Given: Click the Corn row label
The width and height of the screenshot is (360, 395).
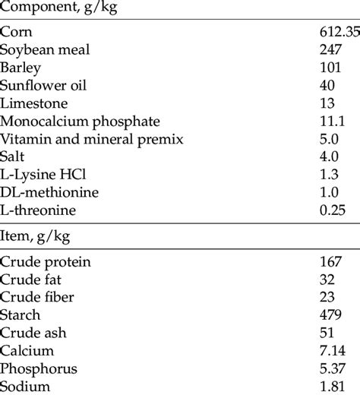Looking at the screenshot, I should coord(17,33).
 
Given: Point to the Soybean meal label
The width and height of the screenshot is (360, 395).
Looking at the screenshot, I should coord(45,51).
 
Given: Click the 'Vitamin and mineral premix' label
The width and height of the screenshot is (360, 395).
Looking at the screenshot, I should coord(81,138).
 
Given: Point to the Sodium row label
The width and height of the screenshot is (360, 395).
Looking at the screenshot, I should coord(24,386).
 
